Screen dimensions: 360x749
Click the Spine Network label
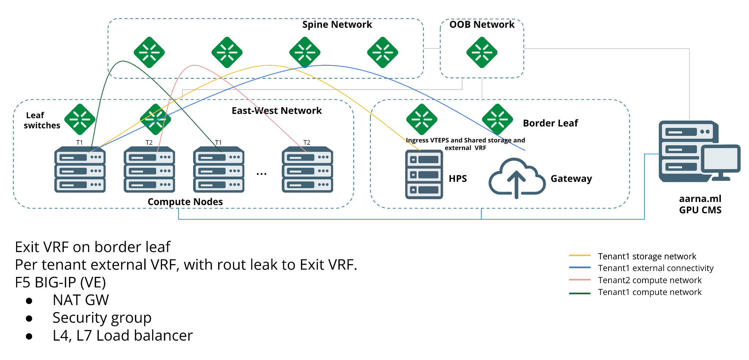337,25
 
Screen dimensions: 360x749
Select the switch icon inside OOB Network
482,52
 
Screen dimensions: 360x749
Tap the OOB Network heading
482,25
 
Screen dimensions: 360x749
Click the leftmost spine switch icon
149,52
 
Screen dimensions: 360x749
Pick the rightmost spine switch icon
383,52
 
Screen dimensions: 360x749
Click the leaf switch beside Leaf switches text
80,119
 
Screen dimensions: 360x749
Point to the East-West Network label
276,110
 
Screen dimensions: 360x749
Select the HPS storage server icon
424,174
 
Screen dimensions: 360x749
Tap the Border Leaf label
550,123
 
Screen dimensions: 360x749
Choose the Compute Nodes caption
185,202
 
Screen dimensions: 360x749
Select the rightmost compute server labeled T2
307,170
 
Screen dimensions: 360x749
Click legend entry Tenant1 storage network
647,256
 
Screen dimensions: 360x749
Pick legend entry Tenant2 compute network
650,280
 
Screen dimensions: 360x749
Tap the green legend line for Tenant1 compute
580,293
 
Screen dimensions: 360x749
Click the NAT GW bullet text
80,300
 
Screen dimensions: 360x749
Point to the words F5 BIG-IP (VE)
60,282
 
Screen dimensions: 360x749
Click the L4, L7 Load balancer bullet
123,335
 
